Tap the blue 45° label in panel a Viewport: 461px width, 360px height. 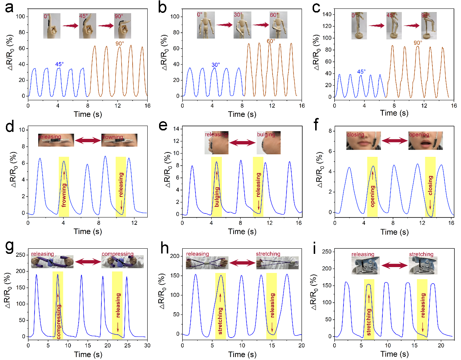point(60,64)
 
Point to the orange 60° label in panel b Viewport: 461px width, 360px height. point(271,41)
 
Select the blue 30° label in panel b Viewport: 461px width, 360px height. point(216,65)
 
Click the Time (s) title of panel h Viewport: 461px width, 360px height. point(242,354)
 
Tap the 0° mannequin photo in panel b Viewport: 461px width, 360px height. point(205,25)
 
